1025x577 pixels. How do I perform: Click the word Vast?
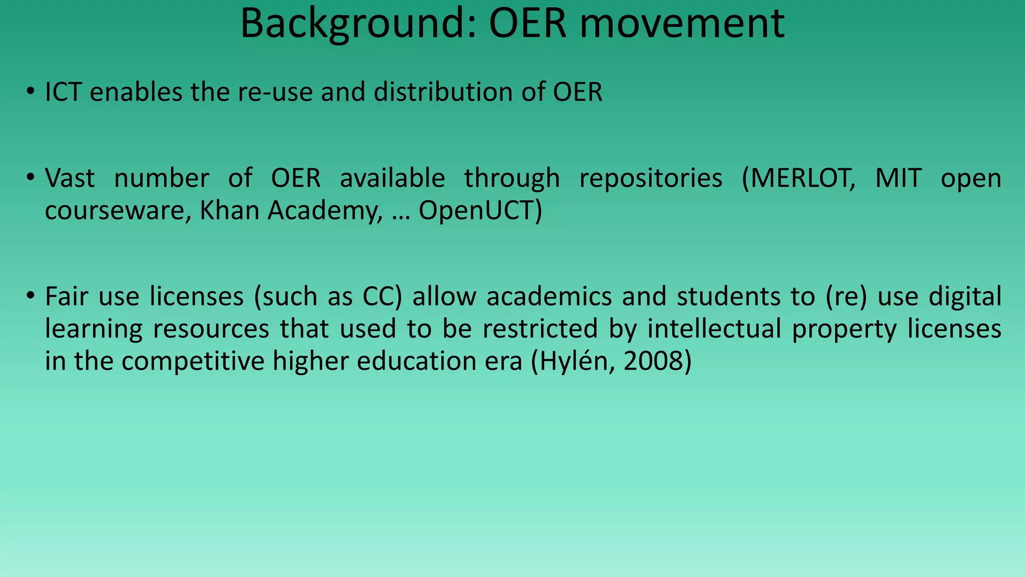pos(70,178)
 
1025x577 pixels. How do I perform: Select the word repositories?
pos(651,178)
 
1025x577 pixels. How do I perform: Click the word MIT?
pos(898,178)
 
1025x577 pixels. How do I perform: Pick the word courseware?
pos(118,211)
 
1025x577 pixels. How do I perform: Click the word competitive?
pos(193,361)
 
